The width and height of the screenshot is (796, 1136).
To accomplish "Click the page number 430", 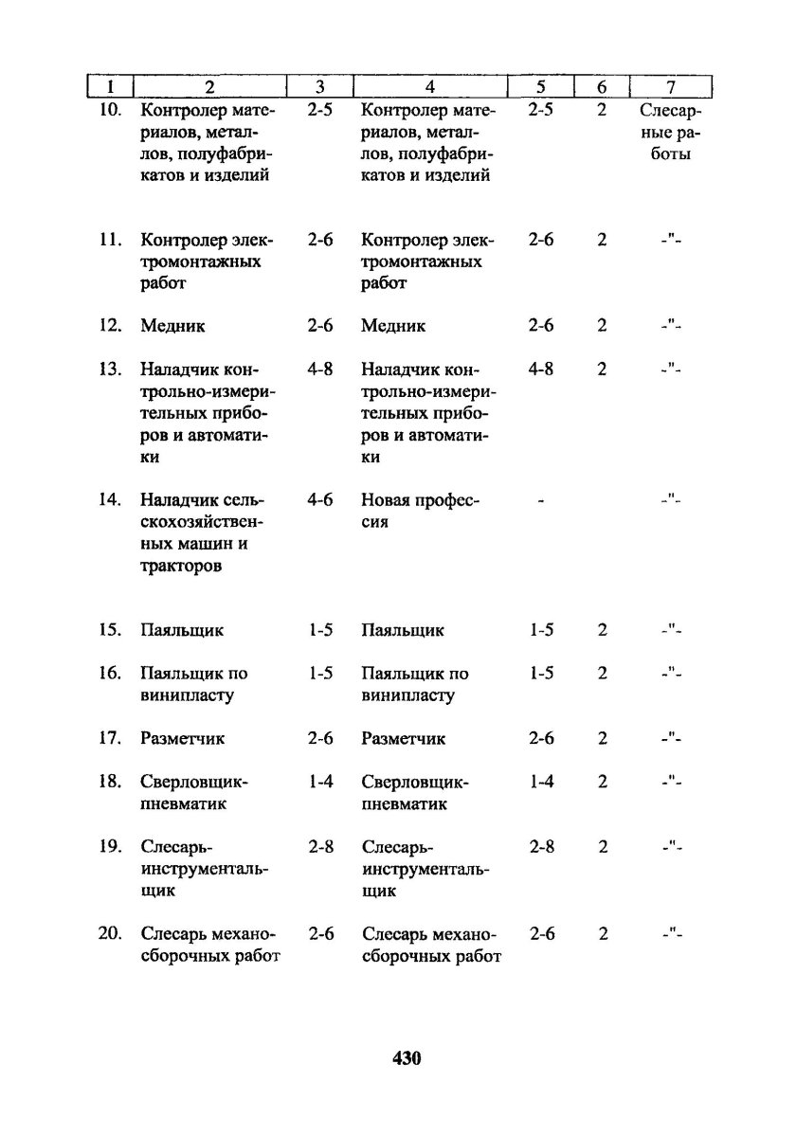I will click(406, 1057).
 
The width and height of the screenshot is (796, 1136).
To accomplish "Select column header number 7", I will click(670, 88).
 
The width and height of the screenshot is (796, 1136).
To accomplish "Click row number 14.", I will click(111, 500).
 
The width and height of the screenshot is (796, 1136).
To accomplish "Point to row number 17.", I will click(111, 738).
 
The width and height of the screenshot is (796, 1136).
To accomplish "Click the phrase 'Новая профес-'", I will click(420, 500).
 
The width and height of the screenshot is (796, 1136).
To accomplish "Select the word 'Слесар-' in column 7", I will click(670, 111).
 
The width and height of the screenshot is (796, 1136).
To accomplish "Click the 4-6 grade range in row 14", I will click(320, 500).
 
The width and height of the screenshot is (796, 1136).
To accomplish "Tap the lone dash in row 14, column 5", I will click(541, 500).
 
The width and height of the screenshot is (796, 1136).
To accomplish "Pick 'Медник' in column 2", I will click(172, 326).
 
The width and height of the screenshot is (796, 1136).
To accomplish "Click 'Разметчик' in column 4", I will click(403, 738).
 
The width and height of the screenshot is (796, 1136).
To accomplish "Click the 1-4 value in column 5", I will click(541, 782).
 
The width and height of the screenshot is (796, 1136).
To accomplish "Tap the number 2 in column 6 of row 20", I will click(603, 934).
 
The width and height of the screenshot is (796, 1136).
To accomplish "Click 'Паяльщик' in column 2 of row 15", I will click(182, 630).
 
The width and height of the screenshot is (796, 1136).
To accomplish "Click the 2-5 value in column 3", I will click(320, 111).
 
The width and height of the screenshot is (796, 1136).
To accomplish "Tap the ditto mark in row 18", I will click(671, 782).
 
